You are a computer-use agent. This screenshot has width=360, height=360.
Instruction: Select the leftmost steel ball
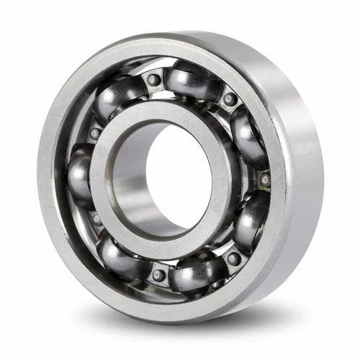81,171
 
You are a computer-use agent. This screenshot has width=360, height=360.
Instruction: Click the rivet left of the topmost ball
153,79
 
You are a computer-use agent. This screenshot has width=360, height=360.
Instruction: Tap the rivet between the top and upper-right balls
229,99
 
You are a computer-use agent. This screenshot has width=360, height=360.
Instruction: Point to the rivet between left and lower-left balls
94,217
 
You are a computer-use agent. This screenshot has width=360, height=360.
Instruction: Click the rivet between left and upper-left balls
94,132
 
